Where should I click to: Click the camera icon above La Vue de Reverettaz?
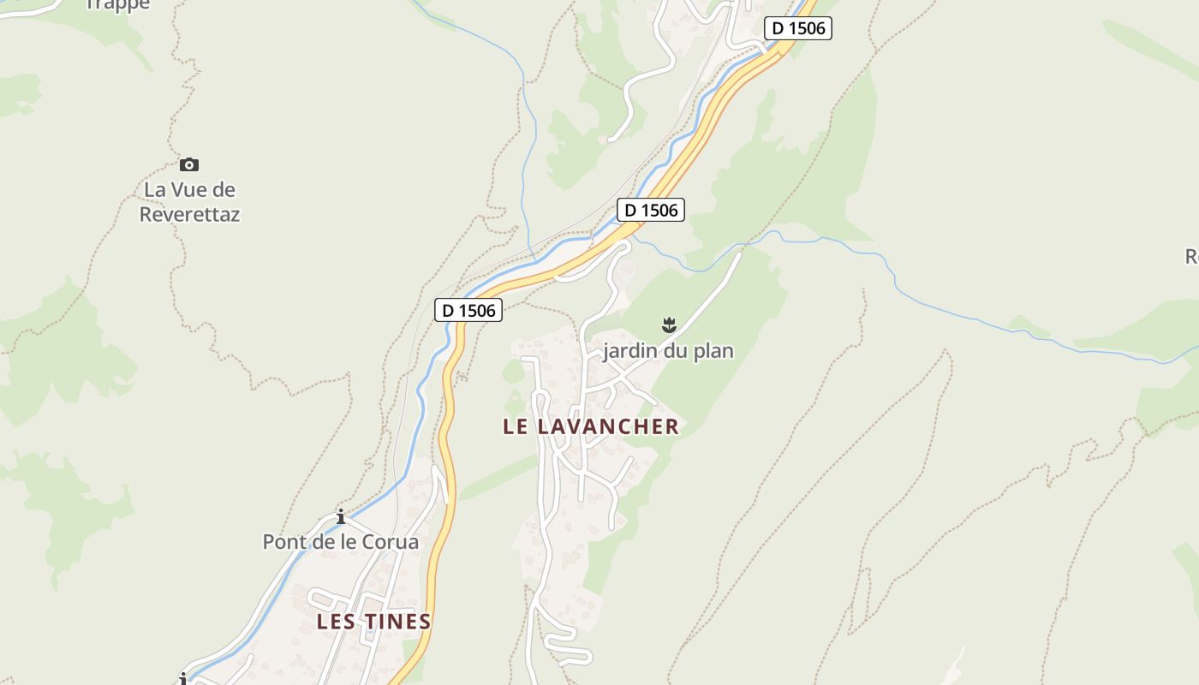click(x=189, y=164)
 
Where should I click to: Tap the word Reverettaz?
click(x=189, y=214)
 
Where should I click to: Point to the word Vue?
click(x=189, y=189)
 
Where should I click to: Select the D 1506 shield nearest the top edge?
click(x=798, y=28)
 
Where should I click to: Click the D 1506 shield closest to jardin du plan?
click(x=651, y=210)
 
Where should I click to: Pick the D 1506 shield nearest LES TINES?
click(x=468, y=310)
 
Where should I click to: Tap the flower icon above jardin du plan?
click(x=669, y=325)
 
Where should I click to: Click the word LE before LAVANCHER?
click(x=516, y=426)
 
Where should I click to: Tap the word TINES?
click(x=398, y=622)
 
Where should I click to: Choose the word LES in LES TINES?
click(x=336, y=622)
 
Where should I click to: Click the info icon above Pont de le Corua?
click(x=341, y=516)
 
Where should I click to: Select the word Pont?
click(x=283, y=542)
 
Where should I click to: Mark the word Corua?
click(x=391, y=542)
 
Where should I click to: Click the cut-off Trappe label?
click(x=118, y=5)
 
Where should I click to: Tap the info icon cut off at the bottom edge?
click(x=182, y=680)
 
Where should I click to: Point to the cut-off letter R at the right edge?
click(x=1192, y=256)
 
